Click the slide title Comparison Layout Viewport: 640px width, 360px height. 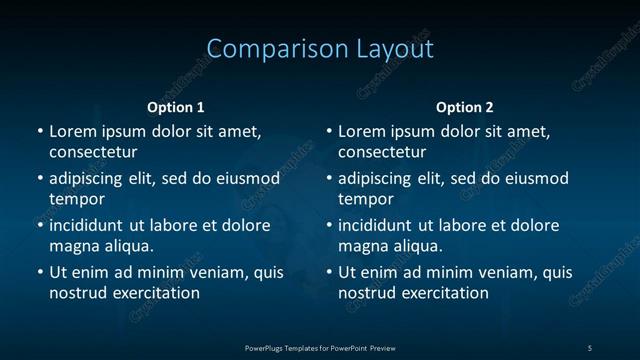tap(320, 49)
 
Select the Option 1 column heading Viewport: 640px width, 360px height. tap(176, 107)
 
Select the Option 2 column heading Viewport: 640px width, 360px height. tap(465, 107)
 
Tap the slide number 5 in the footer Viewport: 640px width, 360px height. tap(590, 348)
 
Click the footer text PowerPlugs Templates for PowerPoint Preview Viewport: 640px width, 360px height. tap(320, 348)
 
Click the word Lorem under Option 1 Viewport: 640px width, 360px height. tap(72, 131)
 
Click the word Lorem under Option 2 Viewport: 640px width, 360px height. tap(361, 131)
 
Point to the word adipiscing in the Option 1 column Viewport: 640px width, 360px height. tap(91, 179)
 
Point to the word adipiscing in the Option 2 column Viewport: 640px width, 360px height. tap(380, 179)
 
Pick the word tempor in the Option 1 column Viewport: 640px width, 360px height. tap(77, 200)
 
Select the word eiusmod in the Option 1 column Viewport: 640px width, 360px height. tap(247, 179)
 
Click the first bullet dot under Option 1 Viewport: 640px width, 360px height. tap(40, 131)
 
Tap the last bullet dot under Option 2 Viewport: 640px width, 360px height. tap(329, 272)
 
